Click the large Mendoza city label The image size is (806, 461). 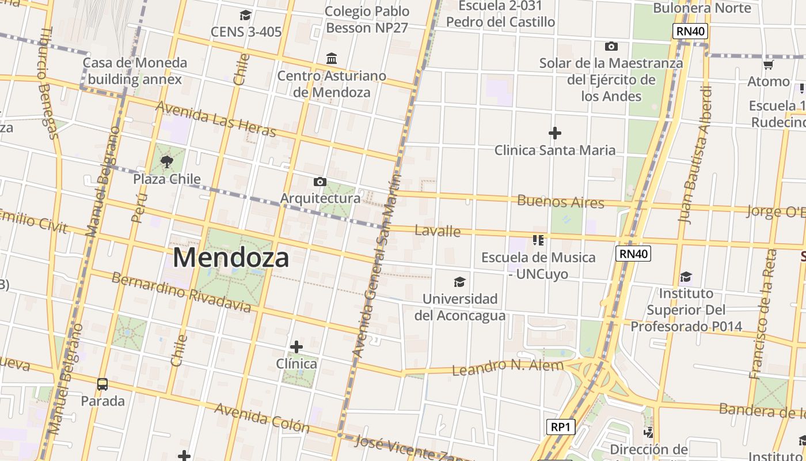pos(231,257)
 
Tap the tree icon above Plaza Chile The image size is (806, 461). pos(167,162)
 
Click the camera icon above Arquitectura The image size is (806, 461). pos(320,182)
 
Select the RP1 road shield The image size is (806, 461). pos(560,427)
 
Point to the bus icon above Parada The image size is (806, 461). pos(102,384)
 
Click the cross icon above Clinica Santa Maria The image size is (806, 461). pos(555,134)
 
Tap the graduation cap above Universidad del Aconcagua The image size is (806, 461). pos(459,282)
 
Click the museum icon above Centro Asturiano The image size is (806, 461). pos(332,58)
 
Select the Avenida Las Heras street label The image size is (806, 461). pos(216,120)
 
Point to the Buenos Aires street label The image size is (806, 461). pos(561,202)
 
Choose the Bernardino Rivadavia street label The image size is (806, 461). pos(181,293)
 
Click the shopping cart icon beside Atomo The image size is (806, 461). pos(768,65)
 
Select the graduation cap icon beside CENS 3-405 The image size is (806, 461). pos(246,15)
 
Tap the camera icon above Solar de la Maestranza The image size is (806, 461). pos(611,46)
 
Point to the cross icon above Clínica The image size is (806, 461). pos(296,347)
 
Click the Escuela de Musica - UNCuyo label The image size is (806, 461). pos(538,266)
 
